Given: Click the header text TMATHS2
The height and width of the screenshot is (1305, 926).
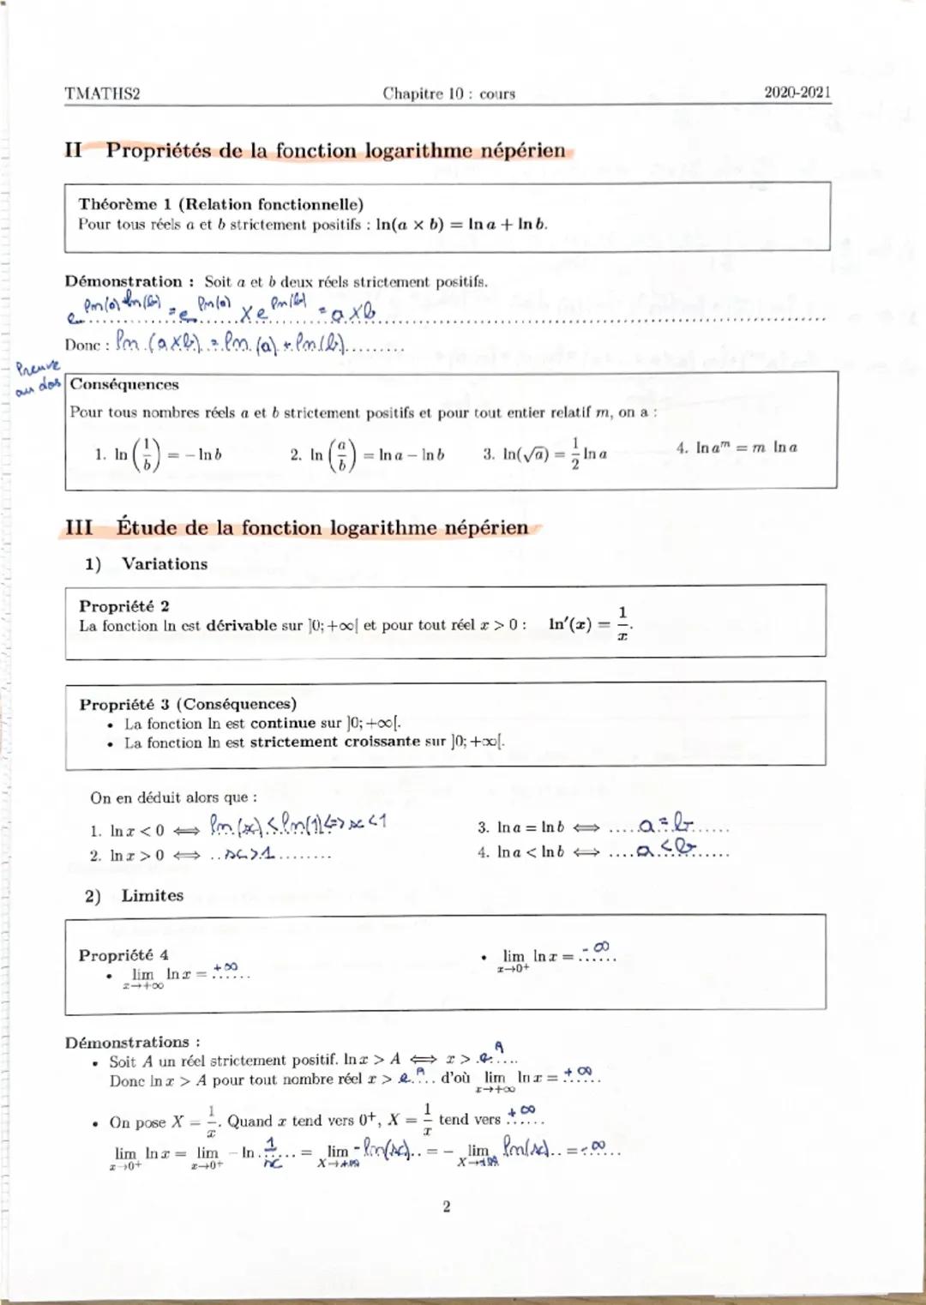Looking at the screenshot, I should click(x=102, y=93).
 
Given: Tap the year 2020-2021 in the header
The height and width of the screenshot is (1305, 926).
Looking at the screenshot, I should click(x=797, y=93).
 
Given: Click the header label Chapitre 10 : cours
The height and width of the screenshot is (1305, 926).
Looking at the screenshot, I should click(x=448, y=93).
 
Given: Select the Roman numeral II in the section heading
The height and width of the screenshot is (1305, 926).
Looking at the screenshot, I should click(x=74, y=151).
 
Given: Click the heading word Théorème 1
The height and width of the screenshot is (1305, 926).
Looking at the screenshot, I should click(x=125, y=204).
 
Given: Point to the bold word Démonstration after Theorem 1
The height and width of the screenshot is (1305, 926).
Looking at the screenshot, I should click(x=123, y=281).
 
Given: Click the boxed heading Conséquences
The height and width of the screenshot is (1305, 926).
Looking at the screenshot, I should click(x=124, y=384).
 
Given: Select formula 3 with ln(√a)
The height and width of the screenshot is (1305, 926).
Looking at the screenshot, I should click(x=545, y=454).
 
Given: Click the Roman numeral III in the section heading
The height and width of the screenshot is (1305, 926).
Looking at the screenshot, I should click(x=79, y=527).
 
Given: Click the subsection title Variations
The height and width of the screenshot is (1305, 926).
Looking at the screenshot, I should click(x=165, y=564).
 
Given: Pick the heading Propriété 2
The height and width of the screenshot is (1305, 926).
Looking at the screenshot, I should click(x=124, y=605).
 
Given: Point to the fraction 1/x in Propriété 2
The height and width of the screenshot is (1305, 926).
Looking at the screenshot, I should click(x=622, y=623).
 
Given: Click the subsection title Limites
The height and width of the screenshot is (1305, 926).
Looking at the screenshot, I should click(x=153, y=895).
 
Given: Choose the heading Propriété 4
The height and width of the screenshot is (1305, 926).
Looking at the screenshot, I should click(x=123, y=954).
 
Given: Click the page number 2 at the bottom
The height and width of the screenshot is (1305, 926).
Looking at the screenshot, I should click(x=446, y=1206).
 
